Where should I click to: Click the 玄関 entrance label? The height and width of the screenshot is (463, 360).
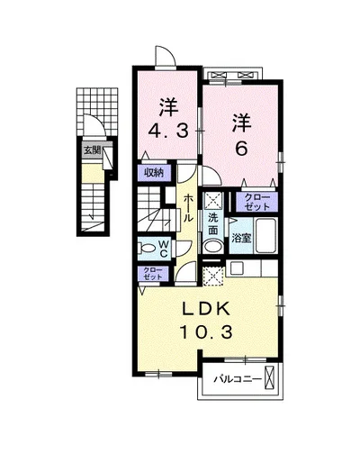click(92, 150)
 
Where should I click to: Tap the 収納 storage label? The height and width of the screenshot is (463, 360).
click(154, 172)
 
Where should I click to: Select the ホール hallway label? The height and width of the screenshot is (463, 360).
click(188, 208)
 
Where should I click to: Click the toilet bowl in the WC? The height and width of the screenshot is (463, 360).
click(147, 249)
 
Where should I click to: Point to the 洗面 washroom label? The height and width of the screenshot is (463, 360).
click(213, 224)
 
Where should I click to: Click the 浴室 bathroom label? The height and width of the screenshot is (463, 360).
click(241, 239)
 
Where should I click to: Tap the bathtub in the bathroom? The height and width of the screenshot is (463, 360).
click(265, 235)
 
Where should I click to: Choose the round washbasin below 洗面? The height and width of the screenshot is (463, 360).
click(213, 248)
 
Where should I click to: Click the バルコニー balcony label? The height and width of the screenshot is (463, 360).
click(238, 380)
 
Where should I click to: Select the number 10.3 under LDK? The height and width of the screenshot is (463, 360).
click(206, 332)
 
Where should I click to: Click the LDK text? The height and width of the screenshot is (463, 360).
click(206, 309)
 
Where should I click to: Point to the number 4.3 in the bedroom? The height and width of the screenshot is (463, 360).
click(169, 131)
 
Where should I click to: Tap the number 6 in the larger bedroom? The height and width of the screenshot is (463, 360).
click(241, 149)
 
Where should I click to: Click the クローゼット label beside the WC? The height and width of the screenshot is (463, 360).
click(153, 274)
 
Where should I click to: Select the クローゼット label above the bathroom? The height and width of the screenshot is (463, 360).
click(256, 202)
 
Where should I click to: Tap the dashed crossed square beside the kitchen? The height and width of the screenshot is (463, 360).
click(213, 275)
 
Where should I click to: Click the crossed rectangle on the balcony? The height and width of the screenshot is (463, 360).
click(269, 377)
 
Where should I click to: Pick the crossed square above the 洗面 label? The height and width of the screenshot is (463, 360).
click(213, 200)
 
